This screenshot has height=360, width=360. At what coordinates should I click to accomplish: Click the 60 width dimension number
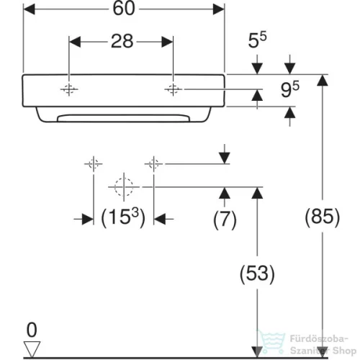[x=124, y=9]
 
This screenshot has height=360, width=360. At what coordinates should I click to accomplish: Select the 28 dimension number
[x=122, y=41]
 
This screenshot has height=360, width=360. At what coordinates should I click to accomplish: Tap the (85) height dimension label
[x=323, y=217]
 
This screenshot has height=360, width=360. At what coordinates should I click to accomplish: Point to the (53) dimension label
[x=257, y=274]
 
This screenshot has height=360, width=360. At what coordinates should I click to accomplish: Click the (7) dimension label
[x=225, y=219]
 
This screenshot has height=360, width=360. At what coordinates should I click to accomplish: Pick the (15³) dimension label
[x=123, y=217]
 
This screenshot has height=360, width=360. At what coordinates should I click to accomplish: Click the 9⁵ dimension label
[x=290, y=89]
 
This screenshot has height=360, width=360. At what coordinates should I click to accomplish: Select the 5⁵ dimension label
[x=257, y=40]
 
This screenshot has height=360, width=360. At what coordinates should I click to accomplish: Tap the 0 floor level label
[x=32, y=330]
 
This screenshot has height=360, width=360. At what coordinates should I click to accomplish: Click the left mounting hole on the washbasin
[x=69, y=89]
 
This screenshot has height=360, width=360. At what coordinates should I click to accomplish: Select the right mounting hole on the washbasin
[x=173, y=89]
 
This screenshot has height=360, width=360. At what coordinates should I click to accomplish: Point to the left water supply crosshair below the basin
[x=94, y=164]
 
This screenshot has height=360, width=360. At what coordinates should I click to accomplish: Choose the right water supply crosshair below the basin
[x=153, y=164]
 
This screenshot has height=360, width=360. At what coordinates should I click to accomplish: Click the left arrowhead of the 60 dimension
[x=29, y=9]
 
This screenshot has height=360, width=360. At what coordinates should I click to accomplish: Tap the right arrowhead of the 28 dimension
[x=167, y=42]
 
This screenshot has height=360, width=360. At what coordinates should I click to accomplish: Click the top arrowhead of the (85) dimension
[x=323, y=80]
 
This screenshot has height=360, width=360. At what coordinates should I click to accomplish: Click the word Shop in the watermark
[x=344, y=351]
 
